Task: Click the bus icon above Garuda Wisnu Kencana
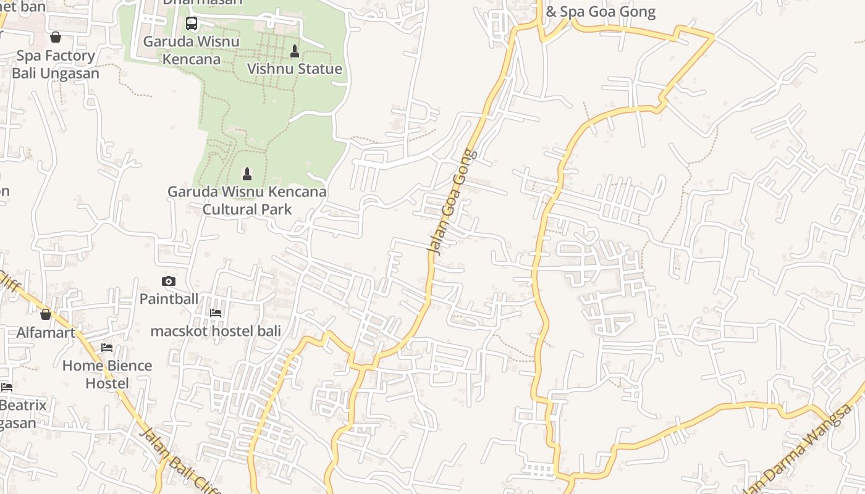192,23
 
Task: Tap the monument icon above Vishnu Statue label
295,51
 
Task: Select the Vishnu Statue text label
295,69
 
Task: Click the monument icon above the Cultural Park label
247,173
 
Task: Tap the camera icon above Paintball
168,281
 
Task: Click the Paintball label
169,299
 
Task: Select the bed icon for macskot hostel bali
216,313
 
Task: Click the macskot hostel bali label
216,331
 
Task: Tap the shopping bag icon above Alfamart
46,314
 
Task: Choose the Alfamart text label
46,333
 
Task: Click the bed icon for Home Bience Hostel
107,348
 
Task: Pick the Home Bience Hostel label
107,374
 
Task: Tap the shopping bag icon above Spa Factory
56,37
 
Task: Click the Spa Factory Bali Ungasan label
56,64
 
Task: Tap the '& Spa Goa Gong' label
601,12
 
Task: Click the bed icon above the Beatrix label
7,387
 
